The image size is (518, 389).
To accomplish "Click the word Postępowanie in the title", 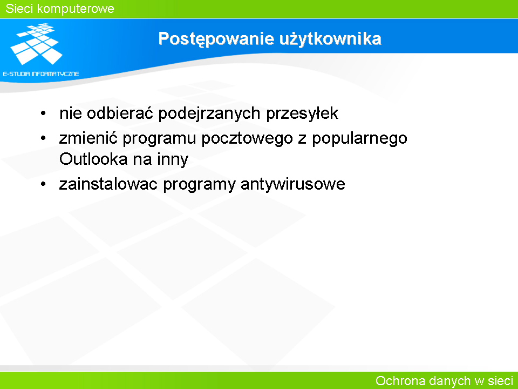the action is pos(216,39).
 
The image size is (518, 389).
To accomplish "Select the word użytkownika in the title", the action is pos(330,39).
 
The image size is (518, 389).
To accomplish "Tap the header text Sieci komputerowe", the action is pos(60,9).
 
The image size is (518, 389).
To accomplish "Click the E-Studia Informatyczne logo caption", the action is pos(41,74).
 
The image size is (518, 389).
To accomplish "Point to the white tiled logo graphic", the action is pos(36,44).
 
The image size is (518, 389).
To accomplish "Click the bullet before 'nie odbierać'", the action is pos(43,113).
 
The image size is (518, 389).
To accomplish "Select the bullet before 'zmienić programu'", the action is pos(43,138).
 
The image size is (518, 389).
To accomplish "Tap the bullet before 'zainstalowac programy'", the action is pos(43,184).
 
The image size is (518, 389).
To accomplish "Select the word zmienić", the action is pos(88,138).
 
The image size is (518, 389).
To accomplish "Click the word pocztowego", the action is pos(247,139).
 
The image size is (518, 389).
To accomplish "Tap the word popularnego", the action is pos(360,139).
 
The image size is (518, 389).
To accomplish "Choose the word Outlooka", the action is pos(93,159).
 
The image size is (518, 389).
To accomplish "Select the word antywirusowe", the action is pos(293,184).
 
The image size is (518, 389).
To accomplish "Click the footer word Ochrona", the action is pos(400,381).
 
